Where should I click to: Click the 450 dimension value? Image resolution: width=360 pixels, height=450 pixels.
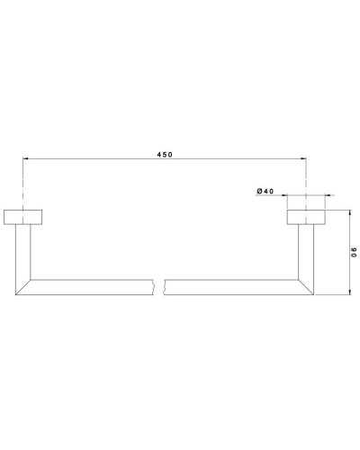(164, 155)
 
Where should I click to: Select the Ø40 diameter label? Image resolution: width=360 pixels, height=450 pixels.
(265, 191)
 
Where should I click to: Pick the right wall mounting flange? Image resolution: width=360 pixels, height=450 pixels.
(306, 217)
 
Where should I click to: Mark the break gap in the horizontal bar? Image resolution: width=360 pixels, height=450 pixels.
(163, 287)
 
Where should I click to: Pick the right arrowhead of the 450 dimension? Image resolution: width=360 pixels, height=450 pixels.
(302, 160)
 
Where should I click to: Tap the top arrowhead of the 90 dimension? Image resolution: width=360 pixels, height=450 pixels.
(348, 213)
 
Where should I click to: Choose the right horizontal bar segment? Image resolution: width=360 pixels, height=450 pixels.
(234, 287)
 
